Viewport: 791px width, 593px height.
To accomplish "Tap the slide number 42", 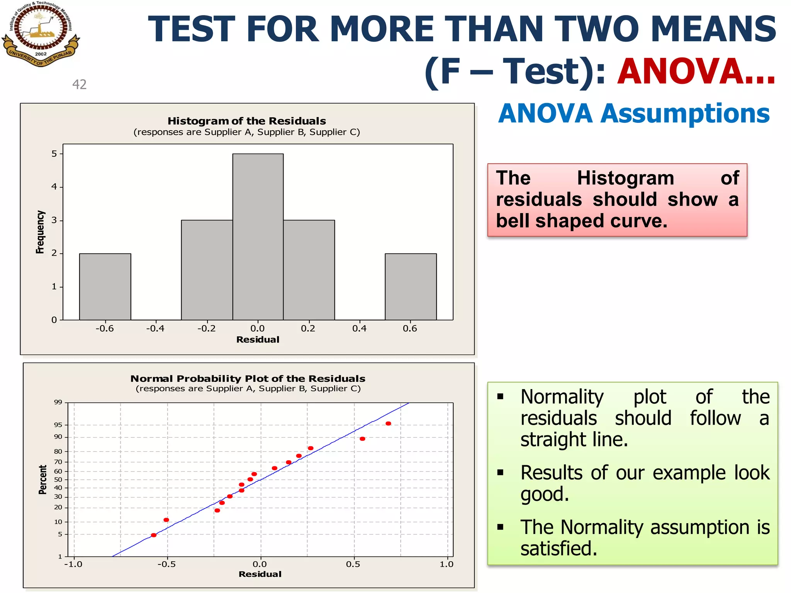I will (80, 84).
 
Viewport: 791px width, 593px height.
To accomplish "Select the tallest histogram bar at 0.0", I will (258, 236).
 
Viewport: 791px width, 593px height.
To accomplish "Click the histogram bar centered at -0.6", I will (105, 286).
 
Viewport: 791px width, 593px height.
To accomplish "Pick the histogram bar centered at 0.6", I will (411, 286).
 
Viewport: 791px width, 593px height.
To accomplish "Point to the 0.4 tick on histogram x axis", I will (359, 329).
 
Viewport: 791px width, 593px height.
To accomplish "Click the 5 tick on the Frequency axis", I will (54, 154).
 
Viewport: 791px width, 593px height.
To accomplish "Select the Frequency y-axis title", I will (40, 232).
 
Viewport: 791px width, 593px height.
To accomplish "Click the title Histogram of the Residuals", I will (246, 121).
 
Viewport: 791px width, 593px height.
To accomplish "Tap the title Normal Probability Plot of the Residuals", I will (248, 378).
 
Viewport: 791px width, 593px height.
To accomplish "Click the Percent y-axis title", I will (42, 479).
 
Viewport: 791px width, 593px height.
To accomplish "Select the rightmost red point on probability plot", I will (388, 424).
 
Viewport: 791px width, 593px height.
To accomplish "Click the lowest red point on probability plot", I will (154, 535).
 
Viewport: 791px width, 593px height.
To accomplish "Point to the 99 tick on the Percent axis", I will (58, 402).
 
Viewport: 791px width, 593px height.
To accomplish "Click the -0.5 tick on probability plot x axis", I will (166, 564).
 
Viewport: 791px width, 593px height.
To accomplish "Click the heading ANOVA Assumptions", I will (634, 114).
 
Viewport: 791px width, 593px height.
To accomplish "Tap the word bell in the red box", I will (513, 221).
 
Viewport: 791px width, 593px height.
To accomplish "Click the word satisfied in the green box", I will (558, 549).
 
